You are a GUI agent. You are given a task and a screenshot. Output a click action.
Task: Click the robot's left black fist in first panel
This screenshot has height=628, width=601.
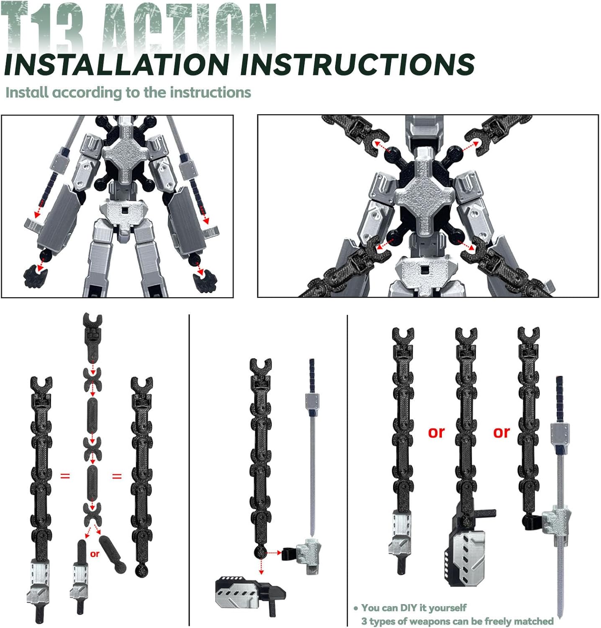(x=36, y=277)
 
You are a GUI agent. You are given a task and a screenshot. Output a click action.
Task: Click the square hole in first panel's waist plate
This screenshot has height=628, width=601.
(x=125, y=209)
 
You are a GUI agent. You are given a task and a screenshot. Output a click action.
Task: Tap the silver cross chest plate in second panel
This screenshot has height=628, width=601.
(x=424, y=196)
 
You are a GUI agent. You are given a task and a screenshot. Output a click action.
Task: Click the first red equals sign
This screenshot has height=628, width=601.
(x=65, y=476)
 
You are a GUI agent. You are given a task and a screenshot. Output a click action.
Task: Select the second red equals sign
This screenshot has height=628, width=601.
(x=117, y=476)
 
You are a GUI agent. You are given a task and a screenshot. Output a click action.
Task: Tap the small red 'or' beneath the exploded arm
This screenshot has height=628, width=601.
(x=95, y=554)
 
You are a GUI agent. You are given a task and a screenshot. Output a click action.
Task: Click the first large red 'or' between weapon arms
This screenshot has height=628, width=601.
(x=436, y=432)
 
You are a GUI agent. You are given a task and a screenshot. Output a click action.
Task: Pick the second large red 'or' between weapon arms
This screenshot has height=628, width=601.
(x=501, y=432)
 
